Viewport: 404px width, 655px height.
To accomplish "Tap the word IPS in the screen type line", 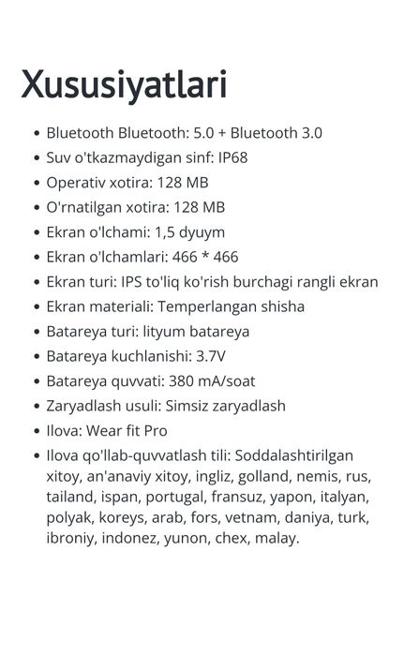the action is pos(132,281).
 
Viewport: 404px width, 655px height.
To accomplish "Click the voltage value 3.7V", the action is pos(212,356).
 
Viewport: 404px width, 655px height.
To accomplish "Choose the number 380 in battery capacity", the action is pos(182,381).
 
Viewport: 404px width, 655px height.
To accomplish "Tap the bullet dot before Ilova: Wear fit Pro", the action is pos(36,432).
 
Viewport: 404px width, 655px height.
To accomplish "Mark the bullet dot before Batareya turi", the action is pos(36,332).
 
